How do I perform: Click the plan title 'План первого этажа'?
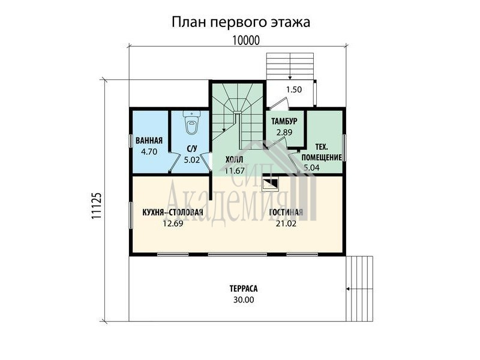[241, 22]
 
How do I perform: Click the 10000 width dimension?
[246, 40]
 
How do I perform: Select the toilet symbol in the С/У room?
[191, 122]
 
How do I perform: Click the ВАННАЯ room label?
[149, 141]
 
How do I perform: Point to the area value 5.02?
[191, 160]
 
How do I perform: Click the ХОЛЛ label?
[234, 160]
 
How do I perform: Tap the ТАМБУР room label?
[284, 122]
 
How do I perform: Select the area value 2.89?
[284, 133]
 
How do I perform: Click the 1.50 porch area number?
[294, 89]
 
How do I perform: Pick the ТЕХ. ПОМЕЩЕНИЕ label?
[322, 152]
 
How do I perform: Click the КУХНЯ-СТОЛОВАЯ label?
[173, 212]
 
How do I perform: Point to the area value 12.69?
[173, 223]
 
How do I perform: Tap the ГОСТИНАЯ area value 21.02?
[286, 223]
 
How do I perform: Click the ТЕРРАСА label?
[244, 289]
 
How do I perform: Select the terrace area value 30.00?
[244, 299]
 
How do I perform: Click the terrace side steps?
[359, 289]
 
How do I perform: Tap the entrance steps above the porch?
[290, 67]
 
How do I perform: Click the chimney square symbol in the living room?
[271, 184]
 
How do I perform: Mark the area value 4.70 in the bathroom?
[149, 152]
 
